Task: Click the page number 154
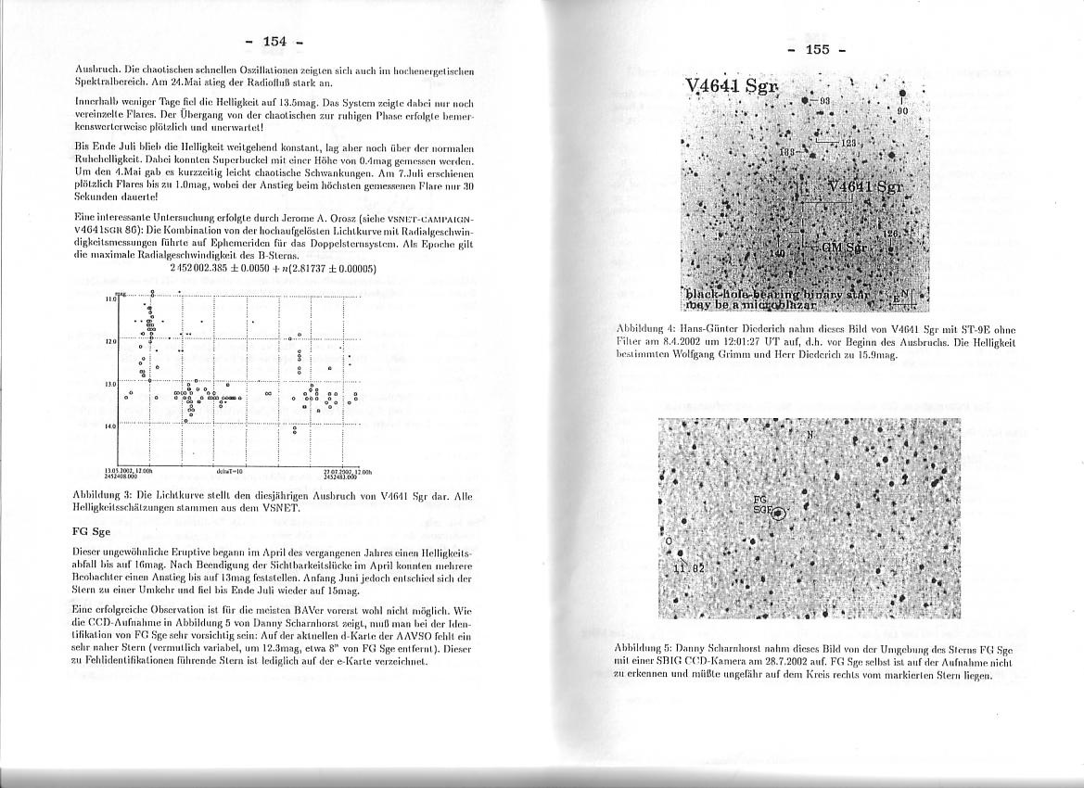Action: [x=274, y=41]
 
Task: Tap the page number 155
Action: [x=817, y=49]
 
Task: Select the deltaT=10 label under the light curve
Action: [x=228, y=471]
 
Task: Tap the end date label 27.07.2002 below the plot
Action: [x=338, y=471]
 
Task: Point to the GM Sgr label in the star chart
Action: [x=843, y=248]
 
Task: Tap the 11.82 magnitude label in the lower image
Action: [x=687, y=565]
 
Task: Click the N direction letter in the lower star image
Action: [x=810, y=434]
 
